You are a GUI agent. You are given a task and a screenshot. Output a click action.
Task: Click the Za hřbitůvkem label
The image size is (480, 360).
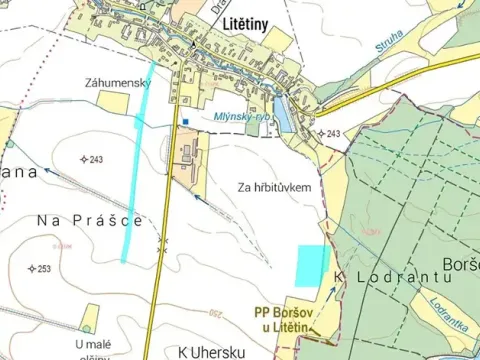coord(275,187)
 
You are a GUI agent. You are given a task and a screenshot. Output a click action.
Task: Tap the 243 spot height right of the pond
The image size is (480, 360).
coord(333,134)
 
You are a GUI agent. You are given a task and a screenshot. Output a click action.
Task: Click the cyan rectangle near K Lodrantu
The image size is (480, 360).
coord(312,264)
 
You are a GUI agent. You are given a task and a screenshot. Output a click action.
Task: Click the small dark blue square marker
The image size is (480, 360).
coord(185,122)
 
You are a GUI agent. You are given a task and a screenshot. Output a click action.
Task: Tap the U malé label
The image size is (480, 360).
coord(91,344)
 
